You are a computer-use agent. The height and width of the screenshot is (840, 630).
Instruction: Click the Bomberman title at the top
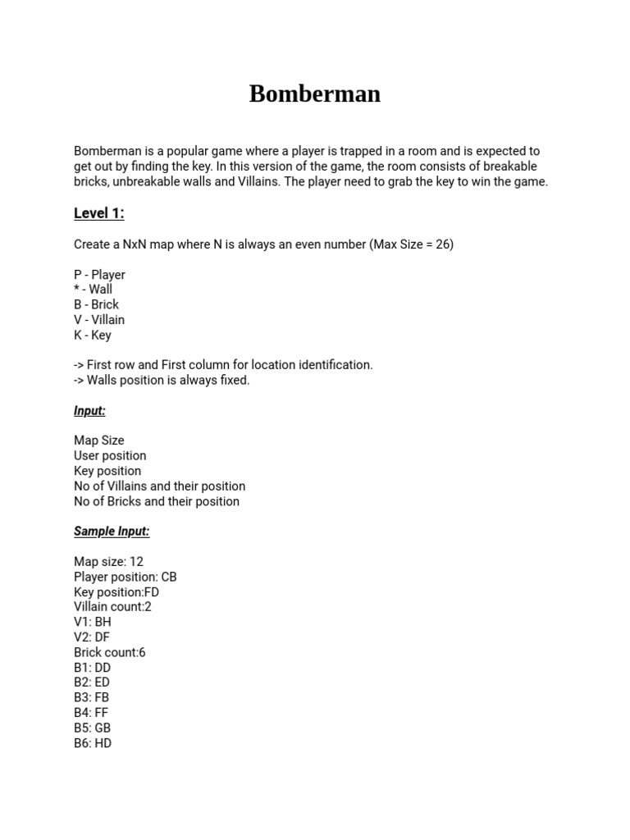[314, 94]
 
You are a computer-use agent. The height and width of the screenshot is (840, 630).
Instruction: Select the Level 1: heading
[99, 213]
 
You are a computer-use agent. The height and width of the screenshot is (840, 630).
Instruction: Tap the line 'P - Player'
[99, 275]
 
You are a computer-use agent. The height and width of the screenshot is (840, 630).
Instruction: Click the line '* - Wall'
[93, 290]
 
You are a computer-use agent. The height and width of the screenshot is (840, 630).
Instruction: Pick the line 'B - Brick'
[96, 304]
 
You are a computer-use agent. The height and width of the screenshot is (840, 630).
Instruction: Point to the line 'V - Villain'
[99, 320]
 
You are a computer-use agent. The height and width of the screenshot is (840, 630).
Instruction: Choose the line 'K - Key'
[93, 335]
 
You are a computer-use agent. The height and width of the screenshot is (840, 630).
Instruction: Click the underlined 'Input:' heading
[89, 411]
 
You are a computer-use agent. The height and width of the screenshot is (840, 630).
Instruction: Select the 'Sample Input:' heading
[112, 532]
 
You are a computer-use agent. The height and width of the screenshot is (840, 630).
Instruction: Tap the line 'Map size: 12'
[108, 562]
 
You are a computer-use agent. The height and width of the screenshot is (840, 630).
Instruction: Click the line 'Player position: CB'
[126, 577]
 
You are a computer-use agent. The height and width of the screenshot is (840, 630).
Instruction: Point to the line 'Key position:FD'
[116, 591]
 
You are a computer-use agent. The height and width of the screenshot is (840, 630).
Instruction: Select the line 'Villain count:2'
[112, 607]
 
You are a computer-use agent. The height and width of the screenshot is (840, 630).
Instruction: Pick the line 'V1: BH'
[92, 622]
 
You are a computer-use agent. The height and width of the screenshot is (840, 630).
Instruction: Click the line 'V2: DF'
[91, 637]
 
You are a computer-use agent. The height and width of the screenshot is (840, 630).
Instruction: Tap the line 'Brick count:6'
[110, 652]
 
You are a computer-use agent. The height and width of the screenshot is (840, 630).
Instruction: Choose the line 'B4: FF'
[90, 713]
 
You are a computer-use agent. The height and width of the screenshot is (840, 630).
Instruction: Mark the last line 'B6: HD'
[93, 743]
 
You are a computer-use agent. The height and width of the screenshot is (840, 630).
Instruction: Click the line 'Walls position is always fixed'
[162, 380]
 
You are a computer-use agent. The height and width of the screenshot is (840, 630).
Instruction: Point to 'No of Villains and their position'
[159, 486]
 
